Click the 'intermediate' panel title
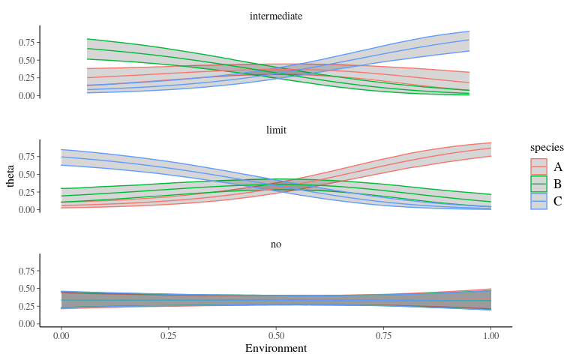[x=276, y=16]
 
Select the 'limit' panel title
[x=276, y=130]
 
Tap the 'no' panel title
[x=276, y=244]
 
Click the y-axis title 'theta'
[x=10, y=175]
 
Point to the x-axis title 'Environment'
[x=276, y=349]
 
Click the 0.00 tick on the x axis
[x=61, y=335]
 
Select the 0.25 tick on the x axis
[x=169, y=335]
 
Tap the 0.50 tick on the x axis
[x=276, y=335]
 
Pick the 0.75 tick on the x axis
[x=383, y=335]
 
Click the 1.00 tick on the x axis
[x=490, y=335]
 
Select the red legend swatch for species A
[x=538, y=166]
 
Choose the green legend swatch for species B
[x=538, y=184]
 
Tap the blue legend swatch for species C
[x=538, y=201]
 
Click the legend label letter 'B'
[x=557, y=184]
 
